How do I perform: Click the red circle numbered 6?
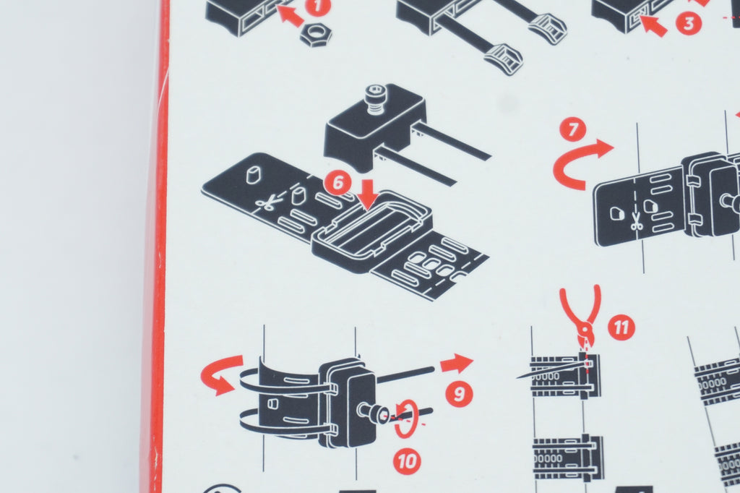(338, 183)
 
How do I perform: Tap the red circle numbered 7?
(573, 130)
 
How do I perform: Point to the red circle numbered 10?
(407, 460)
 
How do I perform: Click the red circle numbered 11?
(621, 327)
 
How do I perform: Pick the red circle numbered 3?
(689, 22)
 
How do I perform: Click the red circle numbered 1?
(318, 7)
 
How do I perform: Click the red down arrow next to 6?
(369, 193)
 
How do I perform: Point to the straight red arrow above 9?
(457, 364)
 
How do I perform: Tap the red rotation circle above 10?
(406, 419)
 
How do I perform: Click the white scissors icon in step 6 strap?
(267, 204)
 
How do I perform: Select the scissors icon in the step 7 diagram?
(637, 221)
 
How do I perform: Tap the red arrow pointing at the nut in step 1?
(290, 15)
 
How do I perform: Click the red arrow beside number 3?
(653, 25)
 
